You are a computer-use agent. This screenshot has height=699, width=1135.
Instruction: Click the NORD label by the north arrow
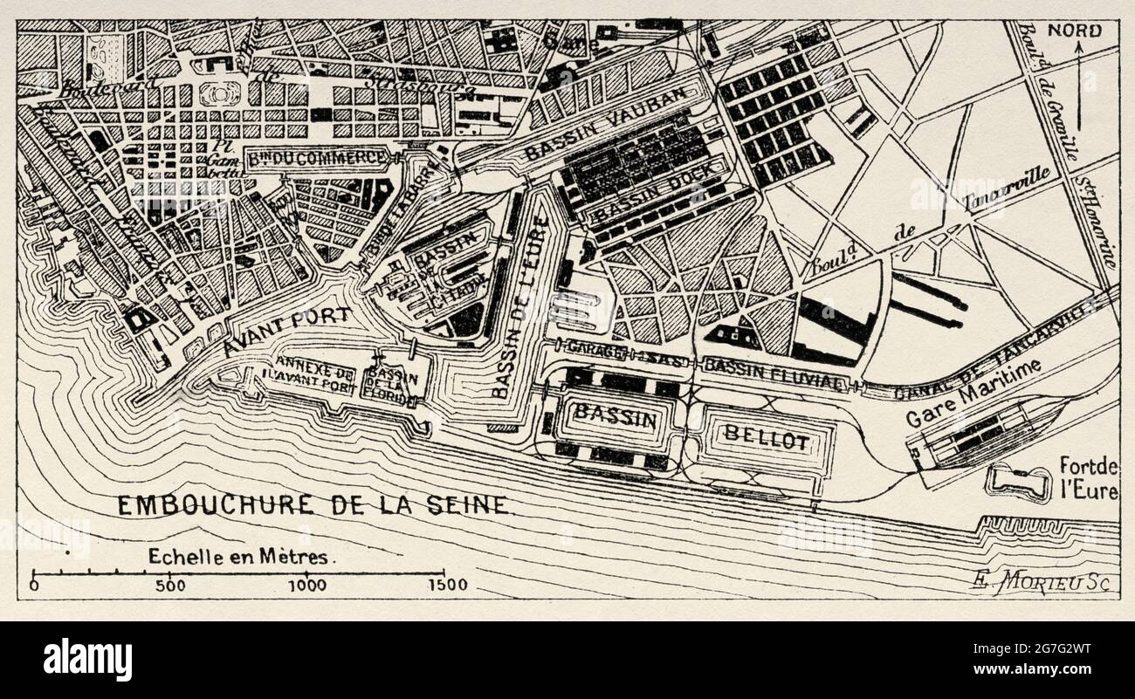point(1074,31)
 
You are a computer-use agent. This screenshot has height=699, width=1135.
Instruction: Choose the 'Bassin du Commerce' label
point(318,158)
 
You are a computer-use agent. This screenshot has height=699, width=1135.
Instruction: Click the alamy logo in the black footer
point(87,659)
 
